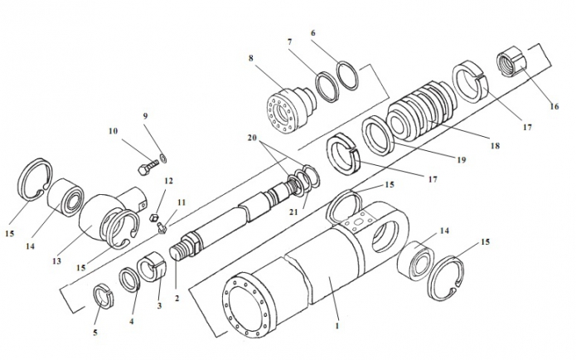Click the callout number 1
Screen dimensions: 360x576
click(x=337, y=326)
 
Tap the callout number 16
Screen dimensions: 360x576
click(x=554, y=106)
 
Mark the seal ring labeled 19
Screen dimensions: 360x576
click(x=377, y=136)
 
